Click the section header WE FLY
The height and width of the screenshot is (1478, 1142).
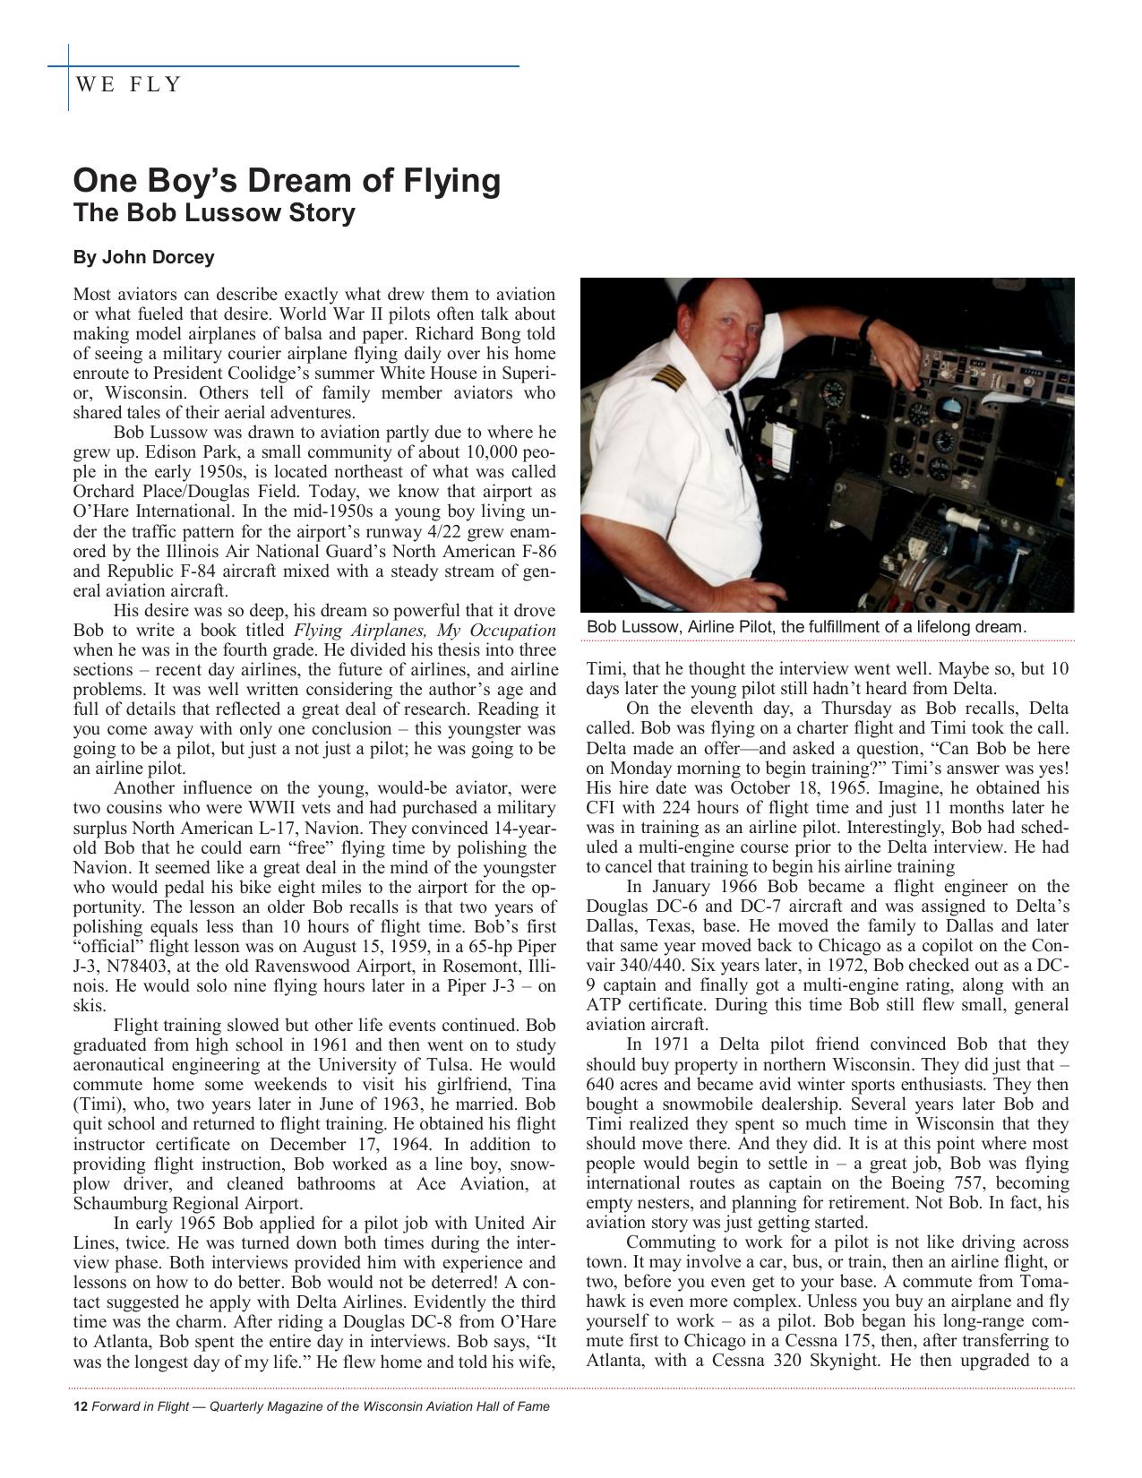[x=129, y=85]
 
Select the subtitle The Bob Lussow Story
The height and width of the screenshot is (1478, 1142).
[x=214, y=214]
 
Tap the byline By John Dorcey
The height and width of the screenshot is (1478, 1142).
[x=143, y=258]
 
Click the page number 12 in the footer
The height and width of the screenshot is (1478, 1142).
[x=79, y=1406]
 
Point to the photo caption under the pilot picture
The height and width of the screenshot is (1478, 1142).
[x=806, y=627]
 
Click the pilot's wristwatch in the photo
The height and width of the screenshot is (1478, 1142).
[x=867, y=327]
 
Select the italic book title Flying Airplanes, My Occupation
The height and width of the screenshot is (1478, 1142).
[x=425, y=631]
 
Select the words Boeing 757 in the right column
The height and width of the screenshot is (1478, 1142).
[x=967, y=1184]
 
